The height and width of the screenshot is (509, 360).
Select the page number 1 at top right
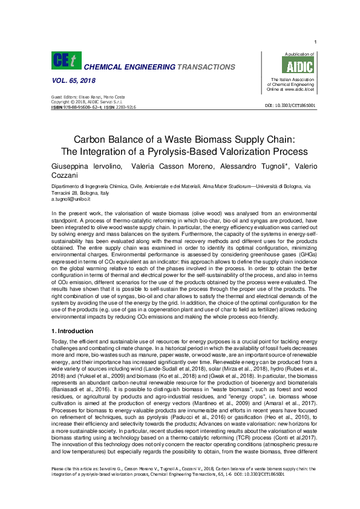pyautogui.click(x=315, y=41)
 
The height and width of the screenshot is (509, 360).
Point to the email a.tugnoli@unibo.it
pyautogui.click(x=71, y=198)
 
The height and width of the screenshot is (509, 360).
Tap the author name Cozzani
pyautogui.click(x=65, y=175)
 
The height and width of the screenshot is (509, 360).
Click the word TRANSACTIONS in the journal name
pyautogui.click(x=206, y=66)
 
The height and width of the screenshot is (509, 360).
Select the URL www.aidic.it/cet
pyautogui.click(x=298, y=89)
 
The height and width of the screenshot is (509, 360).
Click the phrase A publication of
pyautogui.click(x=292, y=54)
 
